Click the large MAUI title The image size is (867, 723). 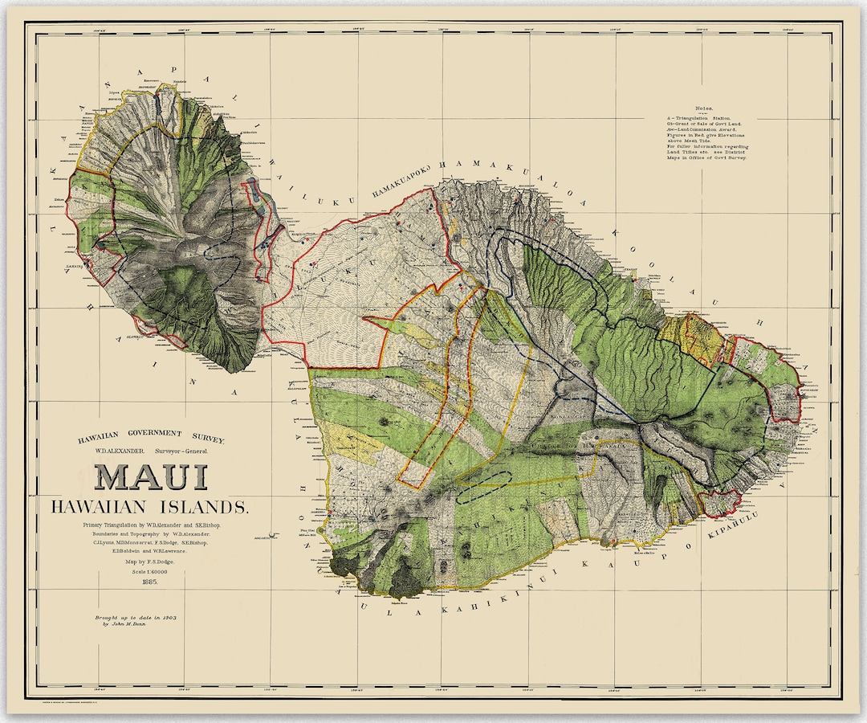click(152, 477)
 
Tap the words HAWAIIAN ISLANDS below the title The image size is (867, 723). click(150, 507)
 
